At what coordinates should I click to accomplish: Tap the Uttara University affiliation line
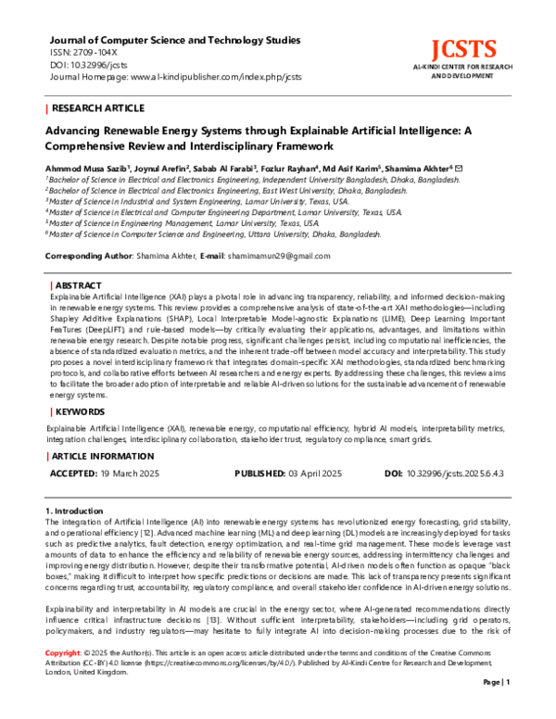pyautogui.click(x=213, y=234)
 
